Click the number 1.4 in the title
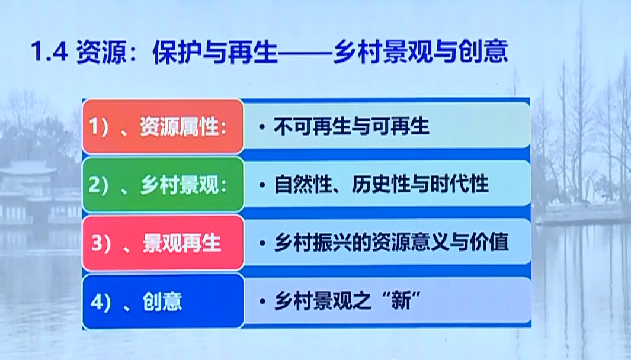tap(49, 52)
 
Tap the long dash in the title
tap(306, 52)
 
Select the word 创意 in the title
tap(483, 52)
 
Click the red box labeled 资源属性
tap(163, 126)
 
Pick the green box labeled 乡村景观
tap(163, 185)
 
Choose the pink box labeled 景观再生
tap(163, 243)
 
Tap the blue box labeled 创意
tap(163, 301)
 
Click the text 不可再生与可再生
tap(351, 126)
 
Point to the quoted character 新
tap(401, 300)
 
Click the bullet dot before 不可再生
tap(262, 127)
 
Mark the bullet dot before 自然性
tap(262, 185)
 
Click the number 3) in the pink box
tap(101, 243)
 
